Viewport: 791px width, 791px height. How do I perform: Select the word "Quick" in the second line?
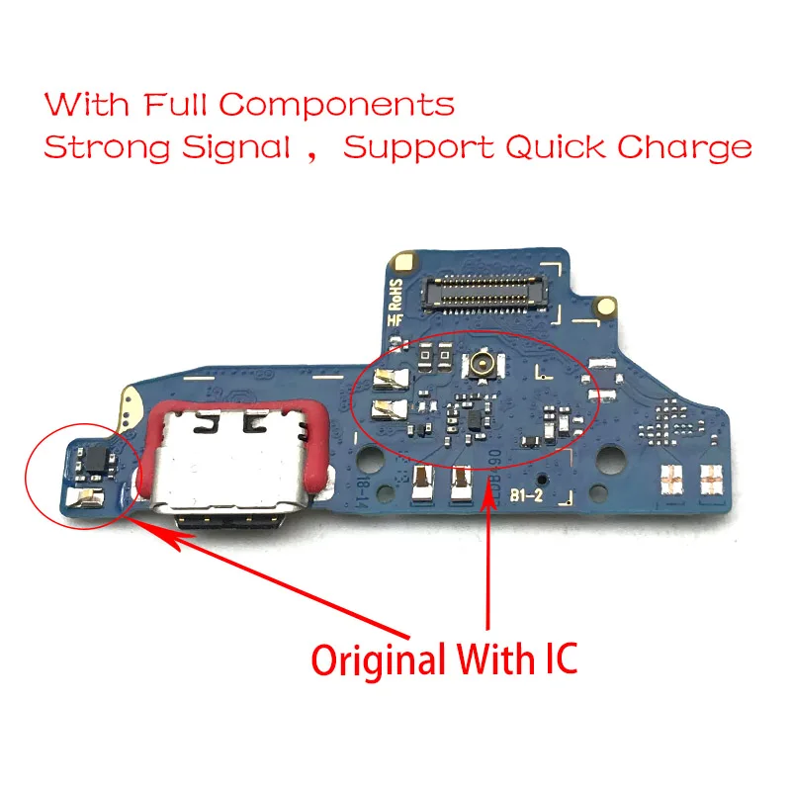[554, 148]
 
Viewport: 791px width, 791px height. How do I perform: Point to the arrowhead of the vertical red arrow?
[486, 494]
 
